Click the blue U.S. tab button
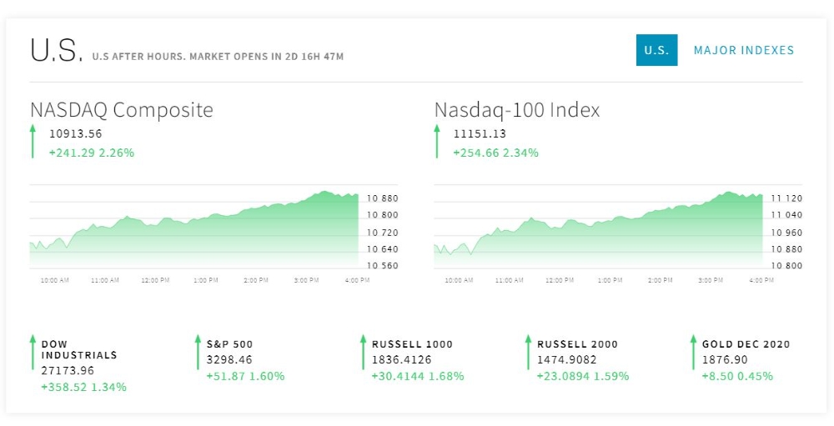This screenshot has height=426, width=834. click(x=656, y=50)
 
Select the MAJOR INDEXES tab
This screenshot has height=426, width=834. click(x=744, y=50)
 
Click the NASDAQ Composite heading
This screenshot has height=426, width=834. click(x=122, y=110)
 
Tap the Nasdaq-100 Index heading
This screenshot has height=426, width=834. click(x=517, y=110)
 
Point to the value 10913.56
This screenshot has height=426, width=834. click(x=75, y=133)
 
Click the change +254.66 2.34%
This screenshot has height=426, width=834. click(x=495, y=153)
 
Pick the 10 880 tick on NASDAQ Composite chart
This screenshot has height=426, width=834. click(x=383, y=198)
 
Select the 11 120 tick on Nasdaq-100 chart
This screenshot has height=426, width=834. click(x=786, y=198)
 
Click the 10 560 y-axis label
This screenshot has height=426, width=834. click(x=383, y=266)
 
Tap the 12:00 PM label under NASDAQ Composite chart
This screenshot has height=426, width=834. click(x=155, y=281)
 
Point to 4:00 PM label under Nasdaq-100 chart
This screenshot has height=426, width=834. click(x=761, y=281)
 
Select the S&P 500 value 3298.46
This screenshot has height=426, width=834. click(x=229, y=360)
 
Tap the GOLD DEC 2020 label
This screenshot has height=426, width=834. click(x=746, y=343)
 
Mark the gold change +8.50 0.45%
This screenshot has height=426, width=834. click(x=737, y=376)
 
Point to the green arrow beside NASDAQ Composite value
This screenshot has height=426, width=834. click(x=33, y=141)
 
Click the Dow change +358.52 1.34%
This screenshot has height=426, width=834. click(x=83, y=387)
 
